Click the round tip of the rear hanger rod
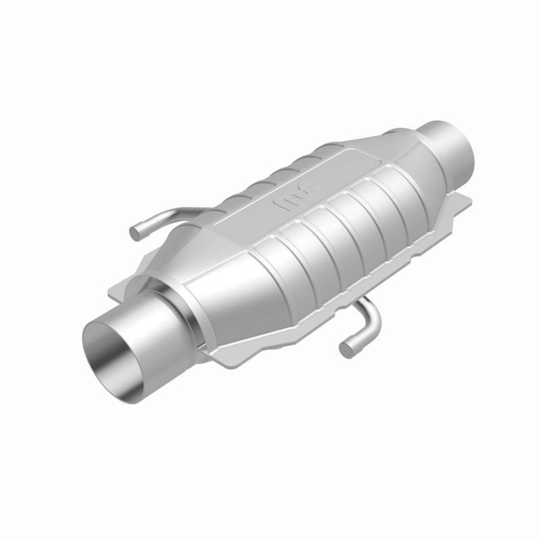click(135, 233)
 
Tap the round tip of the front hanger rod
click(346, 349)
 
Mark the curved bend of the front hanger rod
click(371, 325)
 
